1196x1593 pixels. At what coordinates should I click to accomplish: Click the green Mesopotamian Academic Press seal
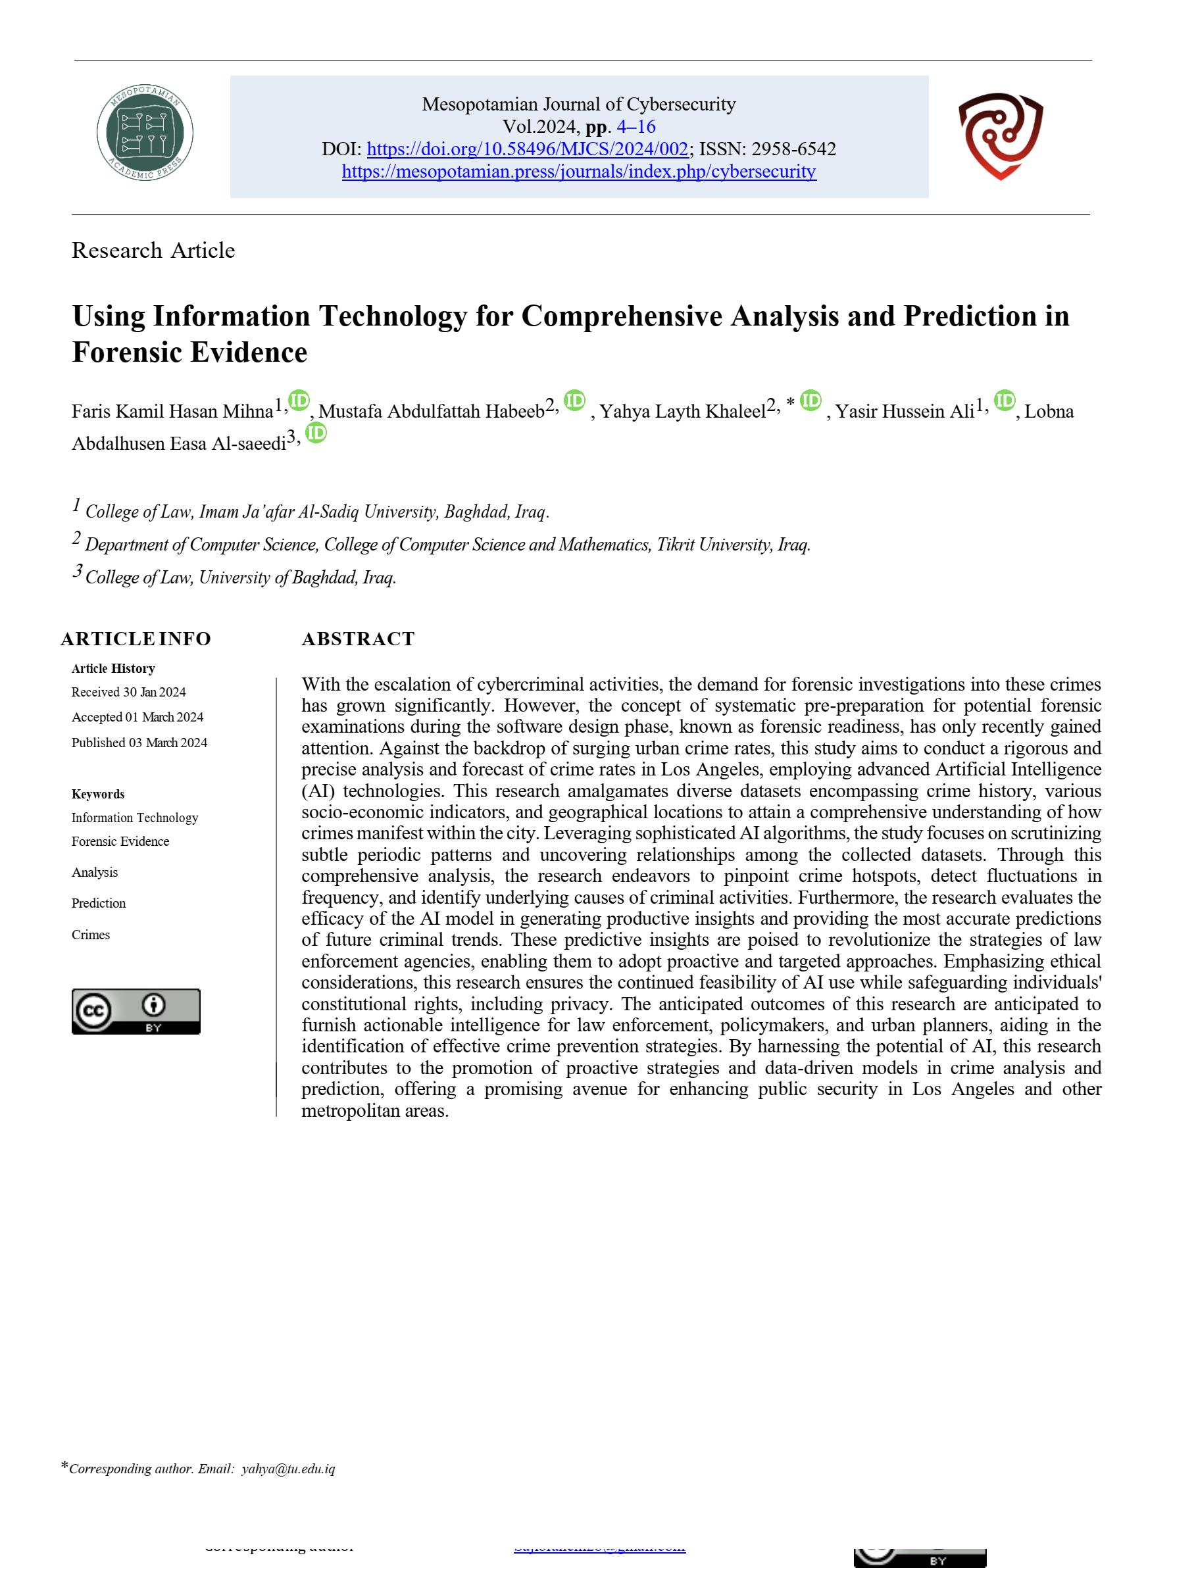[145, 132]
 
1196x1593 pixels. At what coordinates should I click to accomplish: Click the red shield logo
[1000, 135]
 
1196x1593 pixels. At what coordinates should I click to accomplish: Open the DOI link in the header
[527, 149]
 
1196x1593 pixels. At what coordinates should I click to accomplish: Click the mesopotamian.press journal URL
[578, 172]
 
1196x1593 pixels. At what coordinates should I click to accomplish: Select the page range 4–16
[635, 127]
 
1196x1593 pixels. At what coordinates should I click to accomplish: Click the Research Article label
[153, 251]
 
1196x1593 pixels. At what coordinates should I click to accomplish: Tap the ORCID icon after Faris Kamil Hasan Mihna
[298, 400]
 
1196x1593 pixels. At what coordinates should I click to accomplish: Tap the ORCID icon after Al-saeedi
[316, 432]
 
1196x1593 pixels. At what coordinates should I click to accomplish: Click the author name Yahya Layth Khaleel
[682, 411]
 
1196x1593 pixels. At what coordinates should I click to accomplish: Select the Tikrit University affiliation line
[447, 545]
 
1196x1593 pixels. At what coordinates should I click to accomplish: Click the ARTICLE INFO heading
[136, 639]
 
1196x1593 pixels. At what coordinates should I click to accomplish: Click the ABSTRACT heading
[358, 639]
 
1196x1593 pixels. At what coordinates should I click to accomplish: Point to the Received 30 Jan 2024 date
[128, 692]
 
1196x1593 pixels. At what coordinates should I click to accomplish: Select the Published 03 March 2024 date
[139, 743]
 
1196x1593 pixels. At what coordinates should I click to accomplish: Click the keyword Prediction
[99, 903]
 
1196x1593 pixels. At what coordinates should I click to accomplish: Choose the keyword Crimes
[91, 935]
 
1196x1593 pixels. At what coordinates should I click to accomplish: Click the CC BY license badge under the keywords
[136, 1011]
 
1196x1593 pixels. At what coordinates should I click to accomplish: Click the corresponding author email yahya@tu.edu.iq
[288, 1469]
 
